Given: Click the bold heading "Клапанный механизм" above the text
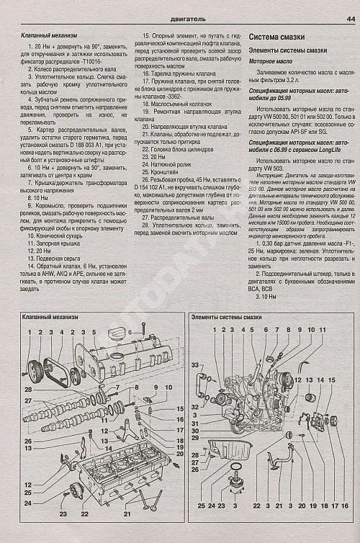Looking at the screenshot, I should pyautogui.click(x=45, y=35).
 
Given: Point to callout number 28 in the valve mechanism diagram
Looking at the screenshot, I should pyautogui.click(x=28, y=389).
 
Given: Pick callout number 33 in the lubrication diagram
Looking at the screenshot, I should pyautogui.click(x=194, y=366).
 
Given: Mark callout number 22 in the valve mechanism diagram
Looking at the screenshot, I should pyautogui.click(x=84, y=514).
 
